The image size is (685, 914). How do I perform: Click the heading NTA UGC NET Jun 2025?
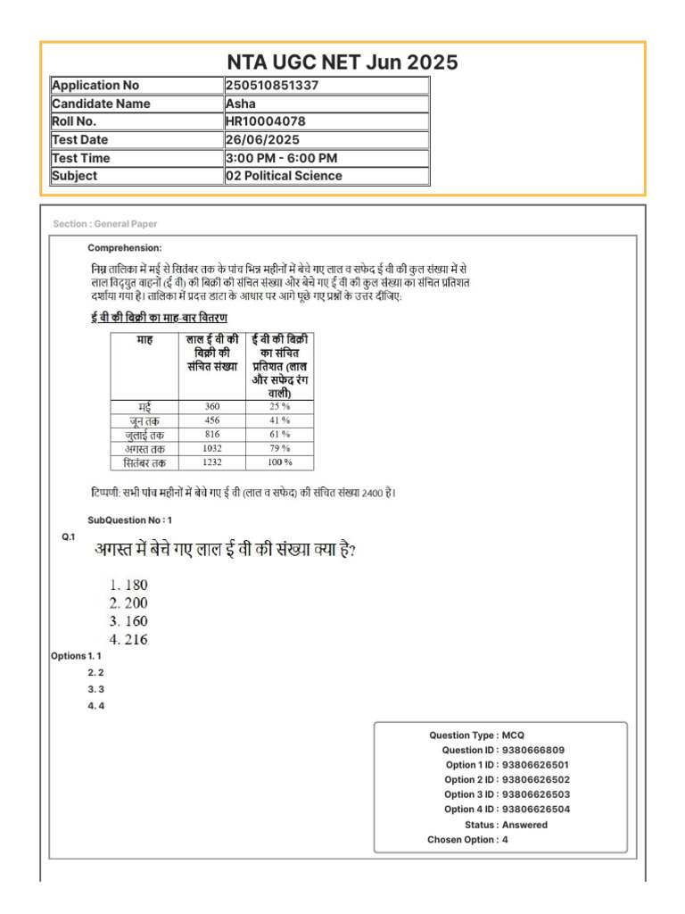[342, 62]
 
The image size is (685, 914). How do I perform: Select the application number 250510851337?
[272, 86]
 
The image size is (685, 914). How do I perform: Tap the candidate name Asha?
[241, 104]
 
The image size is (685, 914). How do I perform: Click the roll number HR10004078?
[265, 121]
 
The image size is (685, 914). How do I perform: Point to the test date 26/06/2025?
[262, 140]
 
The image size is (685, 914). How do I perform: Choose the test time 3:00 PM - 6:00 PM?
[281, 158]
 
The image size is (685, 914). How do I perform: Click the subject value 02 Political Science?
[284, 176]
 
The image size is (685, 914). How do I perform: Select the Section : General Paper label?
[104, 224]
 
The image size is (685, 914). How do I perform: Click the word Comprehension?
[125, 247]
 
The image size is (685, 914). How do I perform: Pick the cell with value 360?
[211, 406]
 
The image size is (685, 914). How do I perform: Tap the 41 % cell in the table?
[280, 420]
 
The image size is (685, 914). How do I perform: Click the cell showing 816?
[211, 434]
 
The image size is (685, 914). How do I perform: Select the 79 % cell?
[280, 448]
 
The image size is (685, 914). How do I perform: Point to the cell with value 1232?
[211, 462]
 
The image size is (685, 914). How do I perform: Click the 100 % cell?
[280, 462]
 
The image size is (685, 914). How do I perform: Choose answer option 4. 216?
[128, 639]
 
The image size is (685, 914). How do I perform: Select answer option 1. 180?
[128, 585]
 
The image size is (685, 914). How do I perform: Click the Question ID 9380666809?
[532, 751]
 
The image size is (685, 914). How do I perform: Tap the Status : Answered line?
[506, 825]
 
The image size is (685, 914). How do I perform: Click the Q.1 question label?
[69, 536]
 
